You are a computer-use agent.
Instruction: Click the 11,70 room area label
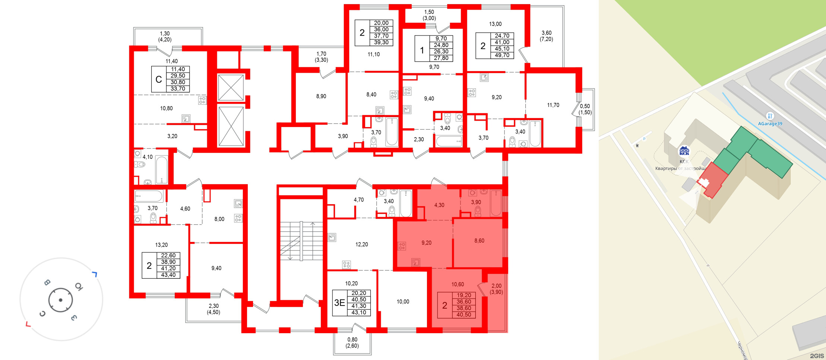click(x=553, y=105)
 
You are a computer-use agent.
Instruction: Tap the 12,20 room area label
click(x=361, y=244)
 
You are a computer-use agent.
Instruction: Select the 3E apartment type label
click(x=339, y=303)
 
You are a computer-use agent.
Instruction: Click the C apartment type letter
click(x=159, y=79)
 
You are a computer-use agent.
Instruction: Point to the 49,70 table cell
click(x=502, y=55)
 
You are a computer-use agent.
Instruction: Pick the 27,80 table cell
click(x=441, y=58)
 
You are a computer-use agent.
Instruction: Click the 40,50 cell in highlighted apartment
click(x=464, y=315)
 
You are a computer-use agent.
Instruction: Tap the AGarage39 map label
click(x=770, y=124)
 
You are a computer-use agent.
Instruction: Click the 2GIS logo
click(x=816, y=356)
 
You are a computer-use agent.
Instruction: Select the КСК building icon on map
click(x=684, y=151)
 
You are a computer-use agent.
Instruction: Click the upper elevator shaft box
click(x=231, y=88)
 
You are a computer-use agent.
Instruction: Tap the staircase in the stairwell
click(x=301, y=241)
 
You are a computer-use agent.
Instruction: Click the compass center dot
click(x=60, y=300)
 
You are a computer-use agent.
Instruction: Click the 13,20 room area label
click(x=161, y=245)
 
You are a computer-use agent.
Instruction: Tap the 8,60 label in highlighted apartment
click(x=479, y=241)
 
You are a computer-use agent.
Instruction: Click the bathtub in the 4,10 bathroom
click(x=161, y=170)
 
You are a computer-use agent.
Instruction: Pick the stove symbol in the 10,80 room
click(x=202, y=100)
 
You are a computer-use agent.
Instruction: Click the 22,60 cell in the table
click(x=168, y=255)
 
